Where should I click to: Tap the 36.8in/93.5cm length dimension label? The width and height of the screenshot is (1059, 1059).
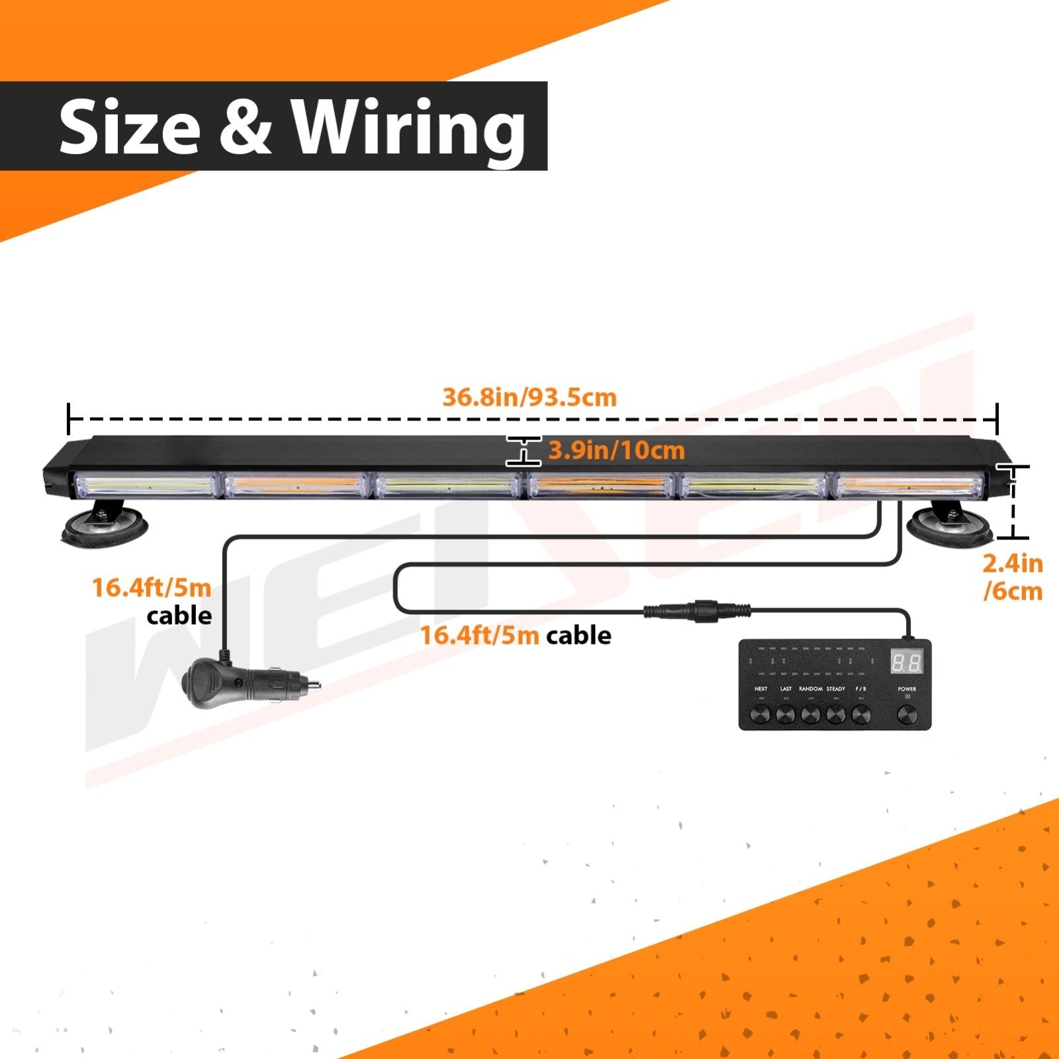pos(529,397)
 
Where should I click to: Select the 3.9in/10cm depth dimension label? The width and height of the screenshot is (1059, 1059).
pos(616,451)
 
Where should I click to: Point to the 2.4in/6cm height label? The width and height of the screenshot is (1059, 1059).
pos(1013,577)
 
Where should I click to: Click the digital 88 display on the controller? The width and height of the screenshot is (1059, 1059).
pos(906,662)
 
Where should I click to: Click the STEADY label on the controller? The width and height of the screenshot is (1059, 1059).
pos(835,689)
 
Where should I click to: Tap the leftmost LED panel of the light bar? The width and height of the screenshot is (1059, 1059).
pos(146,486)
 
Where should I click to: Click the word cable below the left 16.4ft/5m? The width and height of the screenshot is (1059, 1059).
pos(179,616)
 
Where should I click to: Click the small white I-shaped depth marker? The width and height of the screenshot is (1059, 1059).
pos(524,451)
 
